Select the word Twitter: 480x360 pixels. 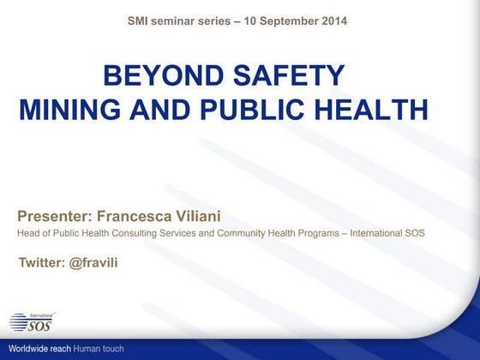pos(42,261)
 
